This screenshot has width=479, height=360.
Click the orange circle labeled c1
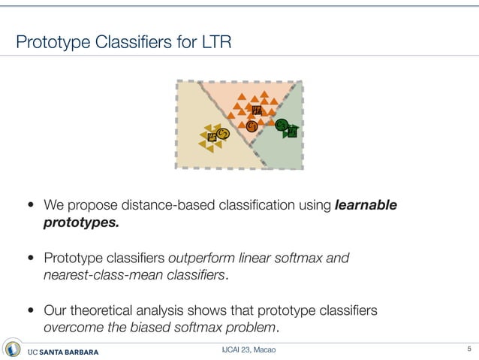(x=252, y=126)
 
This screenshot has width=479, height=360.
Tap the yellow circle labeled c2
(x=222, y=134)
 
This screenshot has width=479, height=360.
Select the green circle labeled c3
(x=282, y=125)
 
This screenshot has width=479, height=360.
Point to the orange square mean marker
(x=257, y=110)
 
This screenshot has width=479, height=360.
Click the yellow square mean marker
(x=212, y=137)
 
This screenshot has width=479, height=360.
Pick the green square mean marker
(x=293, y=132)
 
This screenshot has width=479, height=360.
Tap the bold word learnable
(x=366, y=204)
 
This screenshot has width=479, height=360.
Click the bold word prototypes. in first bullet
(x=81, y=222)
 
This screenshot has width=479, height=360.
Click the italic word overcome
(x=74, y=328)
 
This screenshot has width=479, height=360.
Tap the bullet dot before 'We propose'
(x=31, y=205)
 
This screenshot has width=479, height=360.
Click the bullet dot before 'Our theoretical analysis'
(x=31, y=311)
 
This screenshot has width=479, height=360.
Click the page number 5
(x=468, y=349)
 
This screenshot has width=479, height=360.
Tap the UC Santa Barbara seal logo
(x=13, y=349)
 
